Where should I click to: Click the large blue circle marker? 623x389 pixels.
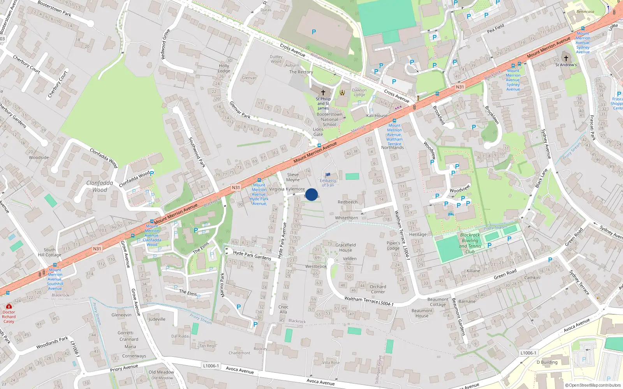(311, 194)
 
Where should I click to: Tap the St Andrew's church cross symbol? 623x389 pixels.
(566, 58)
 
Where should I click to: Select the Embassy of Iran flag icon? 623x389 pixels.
(328, 175)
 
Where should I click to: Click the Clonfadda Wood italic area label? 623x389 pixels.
(100, 186)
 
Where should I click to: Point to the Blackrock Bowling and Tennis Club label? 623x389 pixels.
(470, 243)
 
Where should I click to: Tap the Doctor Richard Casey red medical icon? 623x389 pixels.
(9, 307)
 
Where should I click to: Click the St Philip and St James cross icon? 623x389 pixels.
(323, 93)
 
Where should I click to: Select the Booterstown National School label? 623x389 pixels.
(329, 119)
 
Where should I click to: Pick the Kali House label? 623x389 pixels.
(377, 116)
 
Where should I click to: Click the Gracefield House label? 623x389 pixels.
(345, 247)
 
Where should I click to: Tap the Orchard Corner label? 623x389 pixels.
(378, 289)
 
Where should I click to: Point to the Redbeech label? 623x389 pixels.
(348, 202)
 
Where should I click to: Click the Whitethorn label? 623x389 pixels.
(347, 218)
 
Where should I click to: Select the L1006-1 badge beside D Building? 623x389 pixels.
(528, 353)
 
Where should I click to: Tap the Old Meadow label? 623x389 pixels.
(161, 372)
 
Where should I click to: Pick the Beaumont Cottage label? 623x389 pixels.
(438, 302)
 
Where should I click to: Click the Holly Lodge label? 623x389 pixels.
(224, 68)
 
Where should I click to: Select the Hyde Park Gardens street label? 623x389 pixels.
(252, 255)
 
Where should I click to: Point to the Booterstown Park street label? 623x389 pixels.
(55, 9)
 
